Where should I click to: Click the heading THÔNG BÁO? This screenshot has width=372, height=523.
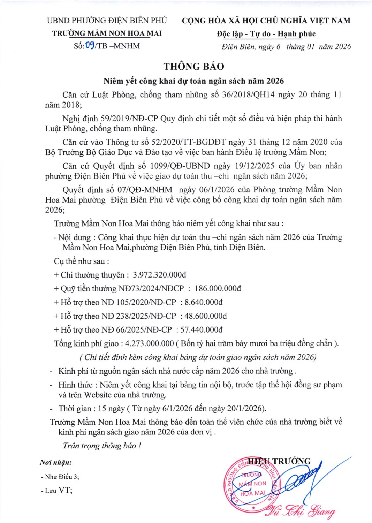pos(194,67)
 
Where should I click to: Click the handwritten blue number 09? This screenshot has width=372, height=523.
pos(90,45)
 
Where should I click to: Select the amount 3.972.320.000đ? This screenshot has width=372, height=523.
pos(159,275)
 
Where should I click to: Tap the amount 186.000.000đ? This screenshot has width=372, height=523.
pos(218,288)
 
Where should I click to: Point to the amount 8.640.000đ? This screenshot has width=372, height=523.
pos(204,302)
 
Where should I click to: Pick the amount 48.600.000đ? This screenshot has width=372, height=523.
pos(206,316)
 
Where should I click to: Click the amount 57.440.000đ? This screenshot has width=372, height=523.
pos(202,329)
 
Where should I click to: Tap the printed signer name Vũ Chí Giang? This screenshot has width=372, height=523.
pos(300,511)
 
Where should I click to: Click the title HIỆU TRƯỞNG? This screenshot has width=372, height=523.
pos(279,462)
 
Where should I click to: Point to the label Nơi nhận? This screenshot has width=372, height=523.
pos(56,463)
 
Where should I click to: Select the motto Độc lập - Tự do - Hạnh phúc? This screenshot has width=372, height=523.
pos(266,34)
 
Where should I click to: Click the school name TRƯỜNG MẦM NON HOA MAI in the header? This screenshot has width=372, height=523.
pos(107,33)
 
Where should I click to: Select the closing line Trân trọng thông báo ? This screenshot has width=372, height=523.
pos(102,446)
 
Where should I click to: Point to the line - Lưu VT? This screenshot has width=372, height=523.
pos(57,490)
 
